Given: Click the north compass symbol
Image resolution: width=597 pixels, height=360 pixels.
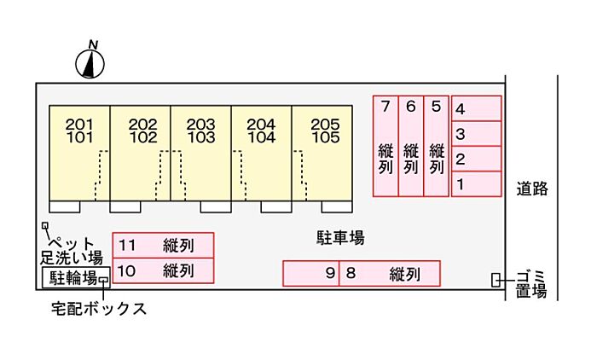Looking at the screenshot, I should [x=91, y=61].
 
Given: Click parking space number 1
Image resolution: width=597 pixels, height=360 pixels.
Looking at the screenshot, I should [x=476, y=183].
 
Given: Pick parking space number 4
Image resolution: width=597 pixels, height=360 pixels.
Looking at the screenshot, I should [x=476, y=108].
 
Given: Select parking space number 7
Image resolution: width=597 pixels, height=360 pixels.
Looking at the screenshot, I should [x=385, y=146].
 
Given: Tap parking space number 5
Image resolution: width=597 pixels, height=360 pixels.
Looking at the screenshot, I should [x=436, y=146].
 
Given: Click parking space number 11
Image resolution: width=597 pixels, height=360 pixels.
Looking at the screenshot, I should [x=163, y=246].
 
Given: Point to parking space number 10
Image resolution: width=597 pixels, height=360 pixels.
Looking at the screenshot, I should [x=163, y=271].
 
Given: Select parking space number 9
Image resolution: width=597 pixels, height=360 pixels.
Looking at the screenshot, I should [x=311, y=274].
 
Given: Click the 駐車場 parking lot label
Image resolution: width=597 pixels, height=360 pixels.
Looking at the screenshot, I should [x=335, y=238].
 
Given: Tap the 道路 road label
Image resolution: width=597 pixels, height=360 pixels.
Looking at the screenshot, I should [x=531, y=189].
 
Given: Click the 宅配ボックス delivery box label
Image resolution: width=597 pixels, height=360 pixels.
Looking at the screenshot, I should [x=99, y=309].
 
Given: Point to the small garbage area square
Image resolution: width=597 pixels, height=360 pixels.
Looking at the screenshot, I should [x=496, y=280].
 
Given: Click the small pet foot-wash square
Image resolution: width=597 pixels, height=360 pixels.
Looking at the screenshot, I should [x=45, y=226].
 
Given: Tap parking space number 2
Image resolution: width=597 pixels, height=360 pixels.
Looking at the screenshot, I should [x=476, y=159].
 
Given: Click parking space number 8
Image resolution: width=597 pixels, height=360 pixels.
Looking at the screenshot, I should [x=390, y=274].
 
